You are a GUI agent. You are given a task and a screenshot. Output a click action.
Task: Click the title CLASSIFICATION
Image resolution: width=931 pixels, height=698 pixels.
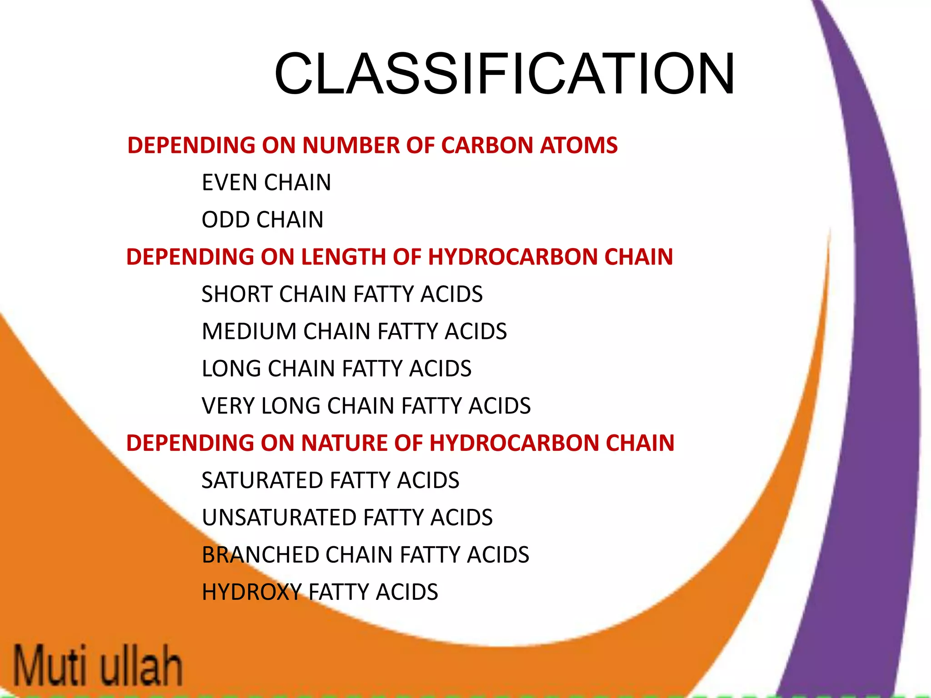coord(505,74)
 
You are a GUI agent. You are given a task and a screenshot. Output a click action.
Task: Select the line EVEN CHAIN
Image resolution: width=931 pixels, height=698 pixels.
coord(266,183)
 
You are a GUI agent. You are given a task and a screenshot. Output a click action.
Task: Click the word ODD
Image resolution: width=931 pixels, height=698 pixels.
coord(225,220)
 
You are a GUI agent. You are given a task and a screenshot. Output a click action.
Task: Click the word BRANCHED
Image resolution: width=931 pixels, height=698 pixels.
coord(260,555)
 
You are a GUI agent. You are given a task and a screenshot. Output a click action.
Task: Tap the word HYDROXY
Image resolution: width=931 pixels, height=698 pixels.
coord(251,593)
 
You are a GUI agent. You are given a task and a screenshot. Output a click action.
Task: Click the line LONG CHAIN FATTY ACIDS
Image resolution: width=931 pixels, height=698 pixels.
coord(336,369)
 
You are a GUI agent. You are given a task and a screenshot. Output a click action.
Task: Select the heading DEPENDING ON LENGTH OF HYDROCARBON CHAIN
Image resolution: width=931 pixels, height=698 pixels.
coord(399,257)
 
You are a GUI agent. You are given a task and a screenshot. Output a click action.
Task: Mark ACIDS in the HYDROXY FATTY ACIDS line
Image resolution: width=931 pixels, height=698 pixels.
coord(407,593)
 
